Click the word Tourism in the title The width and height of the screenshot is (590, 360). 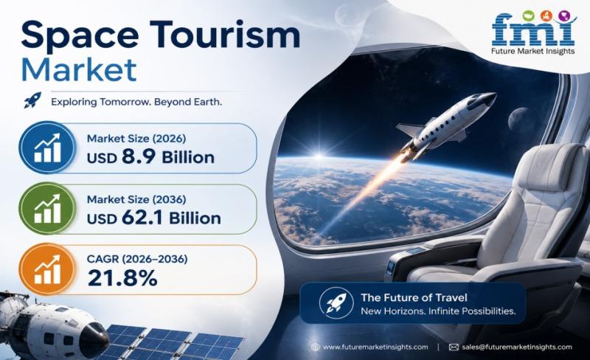click(x=225, y=34)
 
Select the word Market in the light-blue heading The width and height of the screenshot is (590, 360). click(x=79, y=69)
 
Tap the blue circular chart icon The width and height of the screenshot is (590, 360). click(x=47, y=148)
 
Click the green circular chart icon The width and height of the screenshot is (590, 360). click(x=47, y=208)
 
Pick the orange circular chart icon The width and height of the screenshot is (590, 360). click(x=47, y=269)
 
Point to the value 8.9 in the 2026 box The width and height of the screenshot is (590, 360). click(x=139, y=156)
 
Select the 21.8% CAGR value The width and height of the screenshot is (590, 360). click(x=122, y=278)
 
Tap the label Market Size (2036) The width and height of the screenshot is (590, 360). click(x=136, y=199)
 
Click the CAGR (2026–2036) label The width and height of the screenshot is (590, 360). click(x=137, y=259)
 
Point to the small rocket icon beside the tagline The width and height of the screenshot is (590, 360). click(x=32, y=100)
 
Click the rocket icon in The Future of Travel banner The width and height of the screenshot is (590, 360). click(x=336, y=303)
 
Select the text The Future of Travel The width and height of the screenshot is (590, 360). click(x=414, y=297)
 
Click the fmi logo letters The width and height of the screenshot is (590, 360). click(x=533, y=30)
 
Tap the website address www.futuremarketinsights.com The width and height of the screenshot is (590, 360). click(x=375, y=347)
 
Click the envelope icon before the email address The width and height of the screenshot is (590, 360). click(x=454, y=347)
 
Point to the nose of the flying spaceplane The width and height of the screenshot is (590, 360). click(x=493, y=96)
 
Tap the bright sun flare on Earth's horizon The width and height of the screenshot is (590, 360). click(x=319, y=156)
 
